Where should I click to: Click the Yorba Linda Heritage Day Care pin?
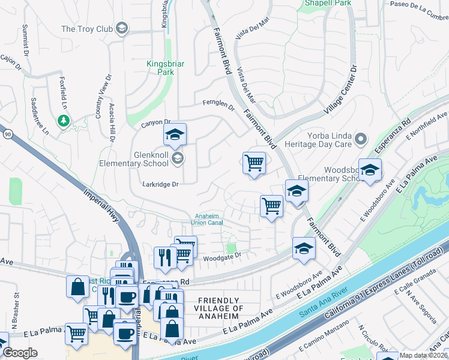pos(361,140)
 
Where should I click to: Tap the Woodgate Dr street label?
pos(221,256)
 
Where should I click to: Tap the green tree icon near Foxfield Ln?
pos(63,121)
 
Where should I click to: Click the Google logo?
pos(20,353)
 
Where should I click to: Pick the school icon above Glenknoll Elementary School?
pos(175,136)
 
